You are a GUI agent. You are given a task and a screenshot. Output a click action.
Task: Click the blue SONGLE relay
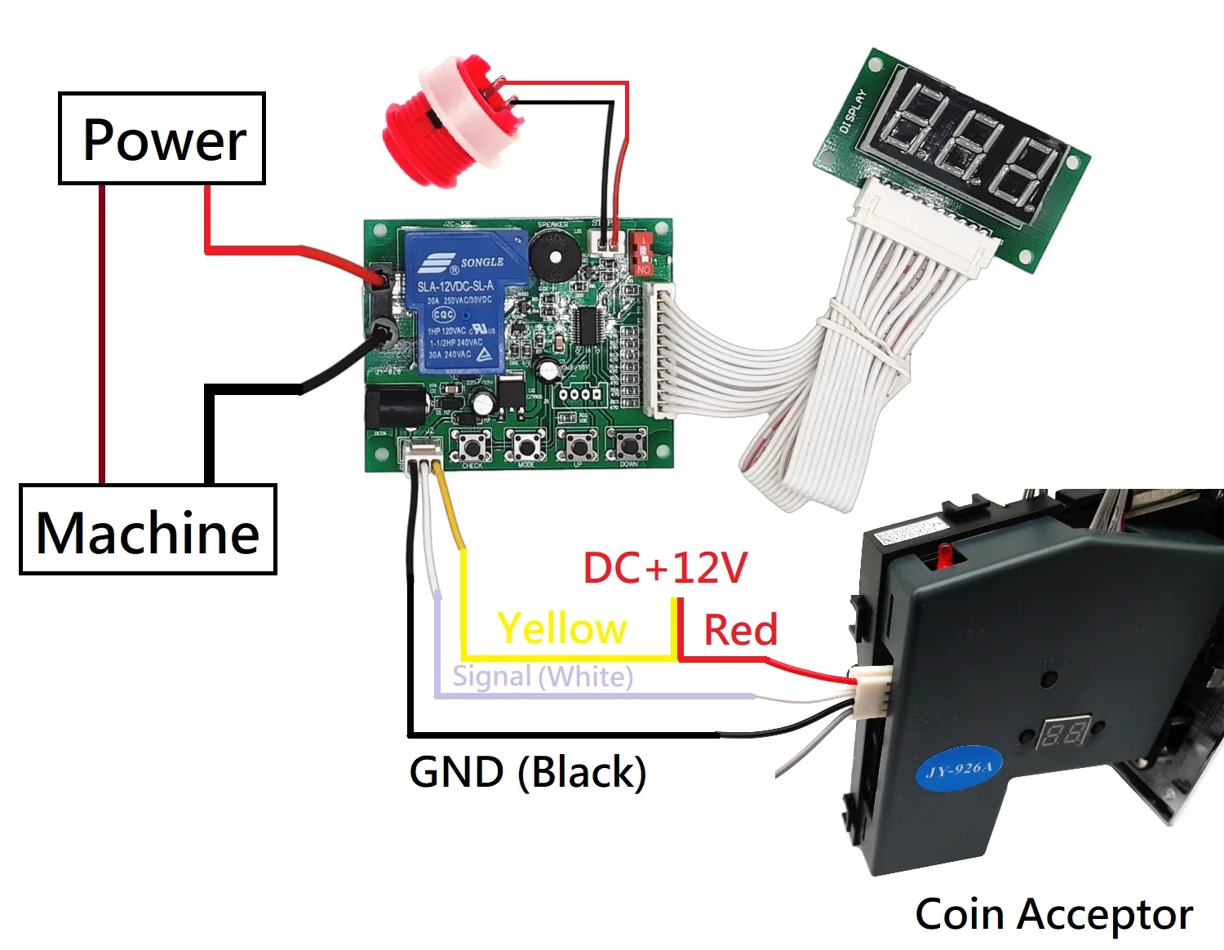[461, 302]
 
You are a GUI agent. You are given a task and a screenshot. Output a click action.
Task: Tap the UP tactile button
[579, 446]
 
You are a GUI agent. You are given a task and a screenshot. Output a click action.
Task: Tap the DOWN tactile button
[628, 446]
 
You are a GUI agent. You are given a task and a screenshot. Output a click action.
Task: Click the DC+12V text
[664, 568]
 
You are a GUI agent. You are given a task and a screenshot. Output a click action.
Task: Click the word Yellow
[561, 629]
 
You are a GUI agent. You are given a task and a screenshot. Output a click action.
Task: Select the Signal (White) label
[542, 677]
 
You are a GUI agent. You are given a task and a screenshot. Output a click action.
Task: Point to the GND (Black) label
[527, 772]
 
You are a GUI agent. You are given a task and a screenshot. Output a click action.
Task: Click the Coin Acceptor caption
[1053, 914]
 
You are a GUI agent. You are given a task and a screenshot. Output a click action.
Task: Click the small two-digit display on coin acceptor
[1064, 732]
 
